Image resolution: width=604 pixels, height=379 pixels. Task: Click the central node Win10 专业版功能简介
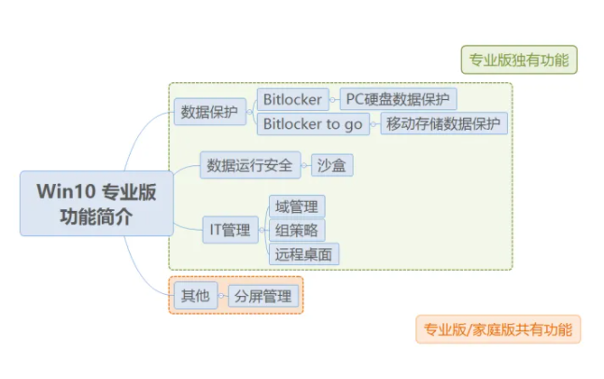point(96,204)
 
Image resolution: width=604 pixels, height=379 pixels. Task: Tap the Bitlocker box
point(292,99)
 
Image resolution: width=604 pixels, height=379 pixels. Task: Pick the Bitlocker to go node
point(313,123)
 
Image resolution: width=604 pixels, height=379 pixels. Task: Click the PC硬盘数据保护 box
point(398,99)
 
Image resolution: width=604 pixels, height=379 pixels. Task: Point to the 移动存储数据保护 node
point(443,123)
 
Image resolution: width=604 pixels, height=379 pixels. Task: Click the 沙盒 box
point(331,165)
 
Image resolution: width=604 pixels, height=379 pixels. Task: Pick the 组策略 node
point(296,230)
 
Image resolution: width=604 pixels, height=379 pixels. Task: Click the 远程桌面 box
point(302,253)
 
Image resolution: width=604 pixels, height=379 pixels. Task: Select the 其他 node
point(194,297)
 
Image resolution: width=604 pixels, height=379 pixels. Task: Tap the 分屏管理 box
point(262,297)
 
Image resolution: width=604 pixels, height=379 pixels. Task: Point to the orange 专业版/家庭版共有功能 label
point(498,329)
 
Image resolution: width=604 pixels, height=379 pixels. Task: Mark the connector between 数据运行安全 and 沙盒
point(304,165)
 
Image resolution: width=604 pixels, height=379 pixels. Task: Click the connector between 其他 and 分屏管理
point(221,297)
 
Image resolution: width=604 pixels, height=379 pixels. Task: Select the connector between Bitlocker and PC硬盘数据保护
point(333,99)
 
